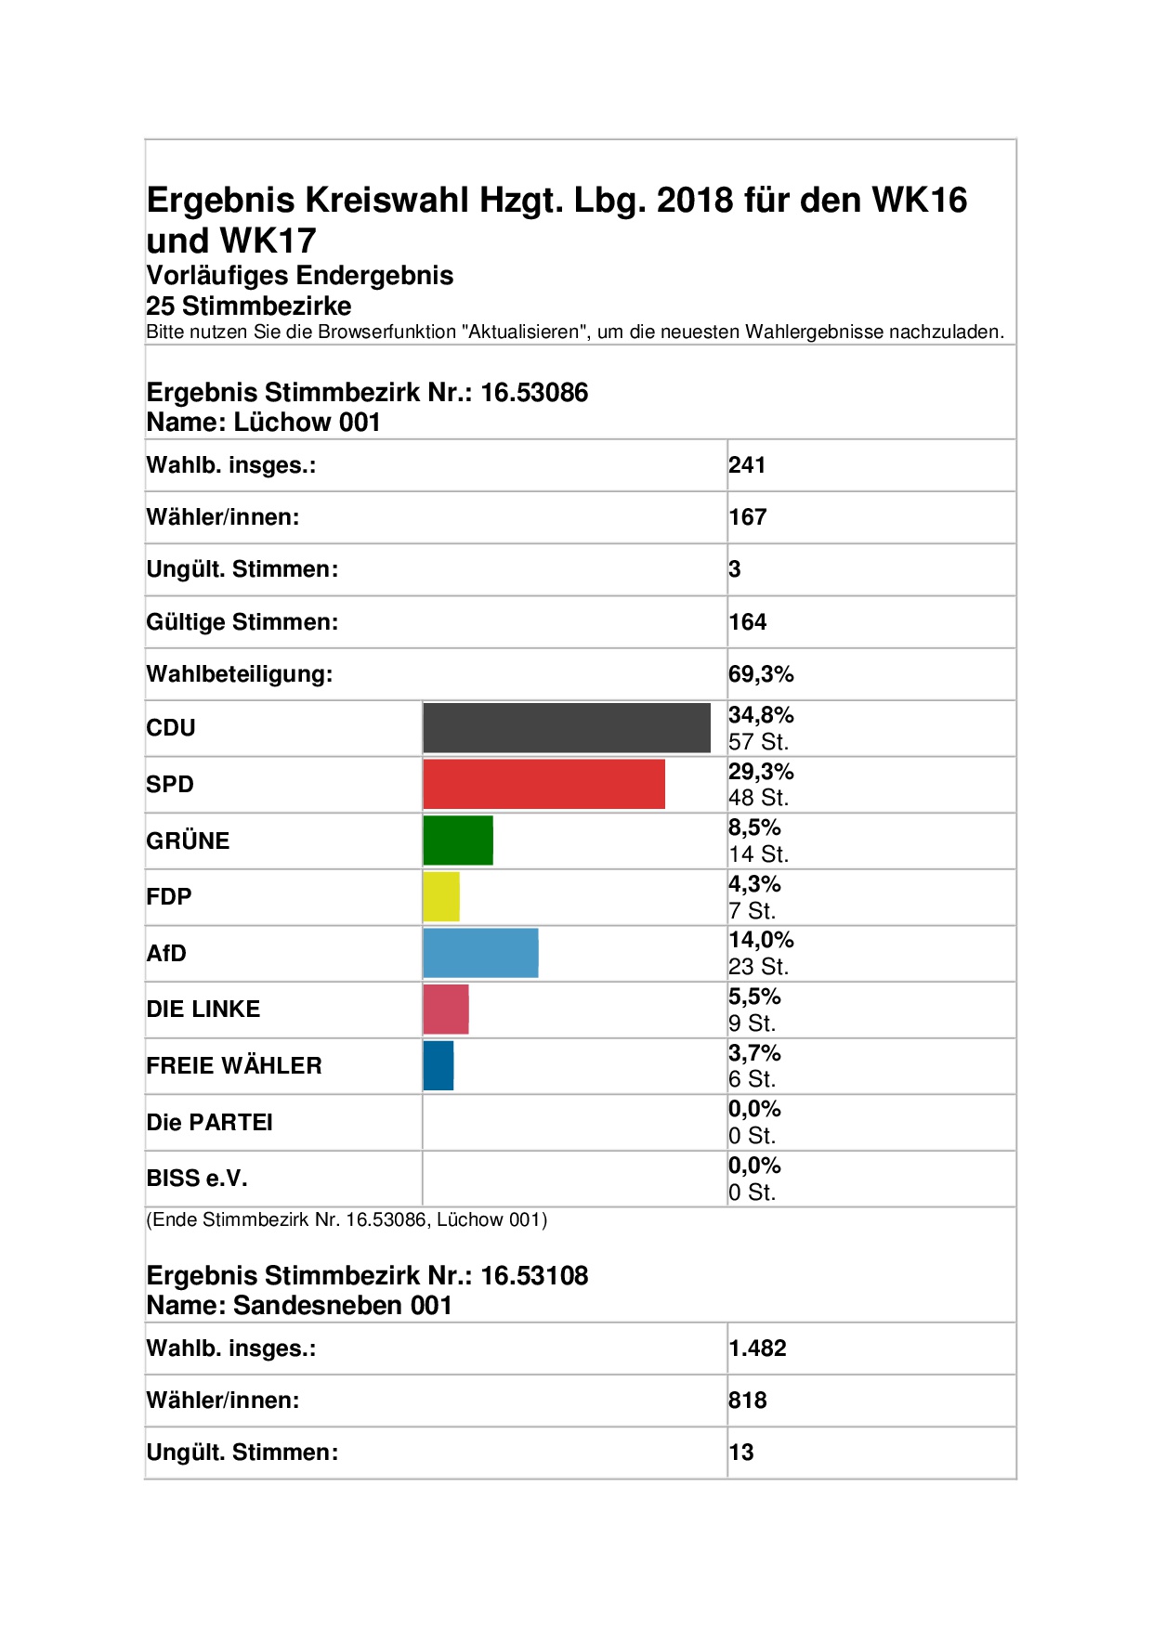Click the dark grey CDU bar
567,728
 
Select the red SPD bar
544,784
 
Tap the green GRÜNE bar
458,841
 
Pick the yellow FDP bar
441,897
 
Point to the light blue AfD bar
481,953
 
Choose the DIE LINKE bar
446,1010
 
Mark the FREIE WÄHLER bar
439,1065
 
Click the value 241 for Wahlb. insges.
747,465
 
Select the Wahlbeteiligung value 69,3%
761,674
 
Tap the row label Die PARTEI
210,1123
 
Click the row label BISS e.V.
197,1179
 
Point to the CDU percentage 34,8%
761,715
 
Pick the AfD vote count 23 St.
758,967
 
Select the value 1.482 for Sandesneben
757,1349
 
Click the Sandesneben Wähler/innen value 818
748,1401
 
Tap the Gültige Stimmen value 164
748,622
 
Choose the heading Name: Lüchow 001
264,423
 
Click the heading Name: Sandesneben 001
299,1306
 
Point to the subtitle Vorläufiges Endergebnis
300,276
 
